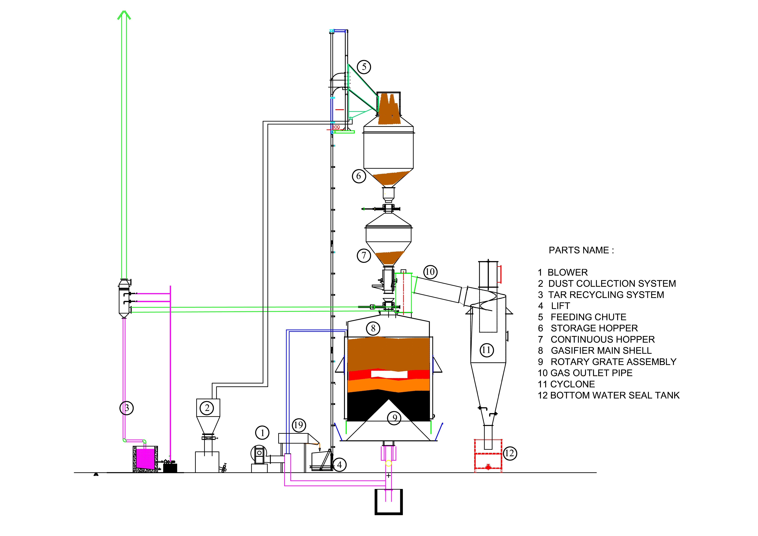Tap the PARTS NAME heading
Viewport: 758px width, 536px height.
coord(581,250)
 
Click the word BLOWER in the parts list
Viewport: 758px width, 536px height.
coord(568,272)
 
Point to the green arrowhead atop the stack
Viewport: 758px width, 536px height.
coord(124,15)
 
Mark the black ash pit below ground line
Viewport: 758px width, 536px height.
coord(389,502)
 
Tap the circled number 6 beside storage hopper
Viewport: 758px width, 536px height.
coord(359,176)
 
